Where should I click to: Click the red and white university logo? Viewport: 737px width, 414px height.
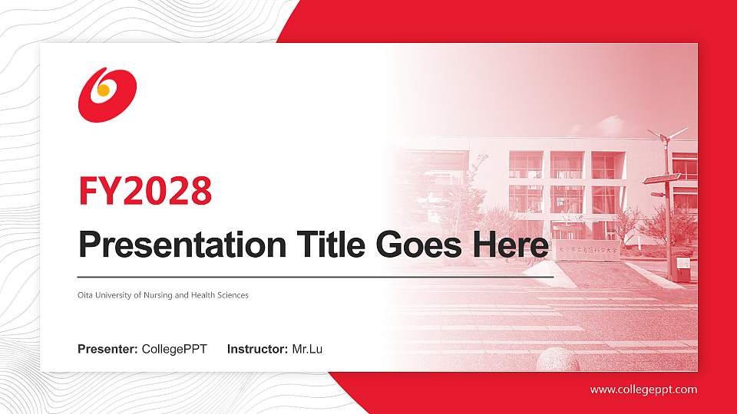pos(107,94)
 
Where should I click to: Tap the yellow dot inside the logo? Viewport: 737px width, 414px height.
pos(103,90)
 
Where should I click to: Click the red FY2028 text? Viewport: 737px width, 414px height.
pos(145,190)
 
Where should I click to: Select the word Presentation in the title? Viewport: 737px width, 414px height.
pos(181,245)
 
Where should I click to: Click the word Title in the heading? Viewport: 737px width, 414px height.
pos(331,245)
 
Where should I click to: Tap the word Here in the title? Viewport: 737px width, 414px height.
pos(513,245)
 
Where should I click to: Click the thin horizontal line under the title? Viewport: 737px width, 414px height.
pos(315,276)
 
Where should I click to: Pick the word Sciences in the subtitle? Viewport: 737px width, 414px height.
pos(233,295)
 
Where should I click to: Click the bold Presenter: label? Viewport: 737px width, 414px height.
pos(107,350)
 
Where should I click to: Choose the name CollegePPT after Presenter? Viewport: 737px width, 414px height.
pos(174,350)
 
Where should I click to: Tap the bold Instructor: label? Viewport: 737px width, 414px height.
pos(258,350)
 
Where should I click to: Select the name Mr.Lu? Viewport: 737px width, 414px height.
pos(307,350)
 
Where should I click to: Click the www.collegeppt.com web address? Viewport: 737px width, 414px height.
pos(643,389)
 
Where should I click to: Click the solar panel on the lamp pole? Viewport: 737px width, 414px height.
pos(662,179)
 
